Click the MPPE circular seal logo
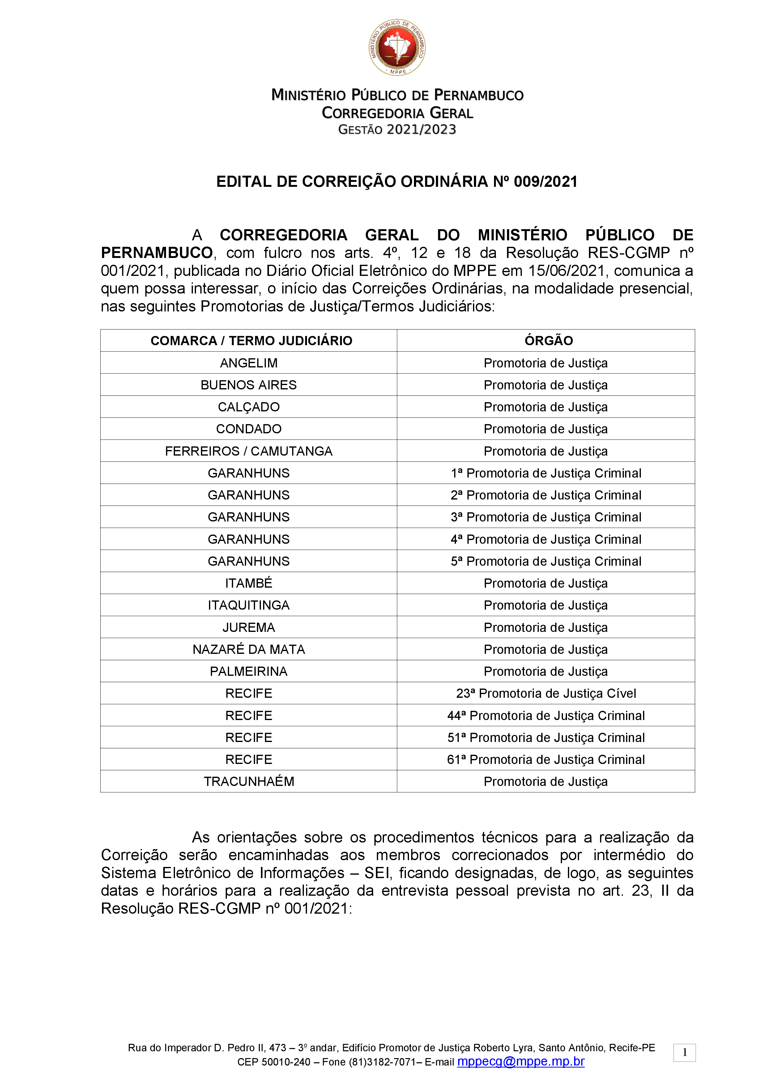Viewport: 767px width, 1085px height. [397, 47]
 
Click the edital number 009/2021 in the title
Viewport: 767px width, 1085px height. [546, 182]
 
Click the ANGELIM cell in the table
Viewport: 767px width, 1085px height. [249, 363]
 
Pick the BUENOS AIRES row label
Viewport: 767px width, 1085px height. [249, 385]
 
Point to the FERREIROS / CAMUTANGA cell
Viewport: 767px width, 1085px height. [249, 451]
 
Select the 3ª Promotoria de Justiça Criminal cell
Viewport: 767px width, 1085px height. [546, 517]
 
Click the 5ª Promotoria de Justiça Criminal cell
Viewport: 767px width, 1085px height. [546, 561]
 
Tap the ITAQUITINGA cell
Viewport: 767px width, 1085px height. [249, 605]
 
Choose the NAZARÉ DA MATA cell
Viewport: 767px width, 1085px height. [249, 649]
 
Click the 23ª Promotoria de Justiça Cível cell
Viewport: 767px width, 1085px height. [546, 693]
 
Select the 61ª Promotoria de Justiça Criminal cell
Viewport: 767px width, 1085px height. [546, 759]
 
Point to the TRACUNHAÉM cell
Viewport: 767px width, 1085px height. [249, 781]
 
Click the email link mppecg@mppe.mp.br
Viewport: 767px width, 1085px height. [521, 1061]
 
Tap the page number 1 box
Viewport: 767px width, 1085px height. [684, 1053]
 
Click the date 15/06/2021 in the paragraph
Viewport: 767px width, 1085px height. [567, 271]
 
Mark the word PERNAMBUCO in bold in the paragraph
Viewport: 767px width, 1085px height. [157, 253]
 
